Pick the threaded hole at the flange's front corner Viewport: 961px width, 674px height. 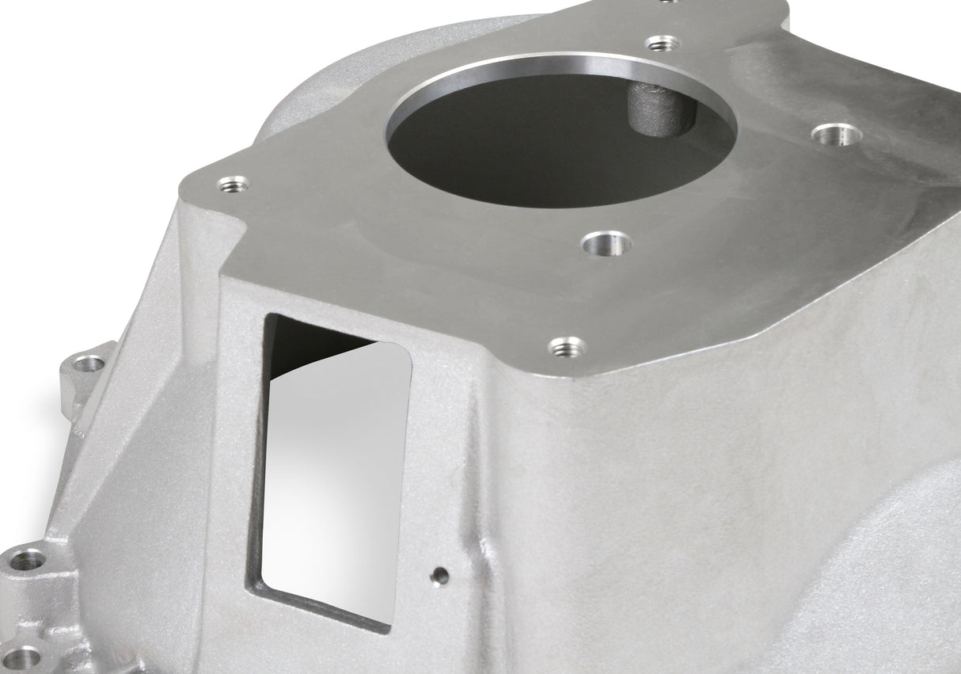click(x=568, y=346)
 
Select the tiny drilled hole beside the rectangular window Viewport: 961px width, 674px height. click(x=440, y=576)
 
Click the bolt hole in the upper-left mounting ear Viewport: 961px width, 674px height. click(x=88, y=364)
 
